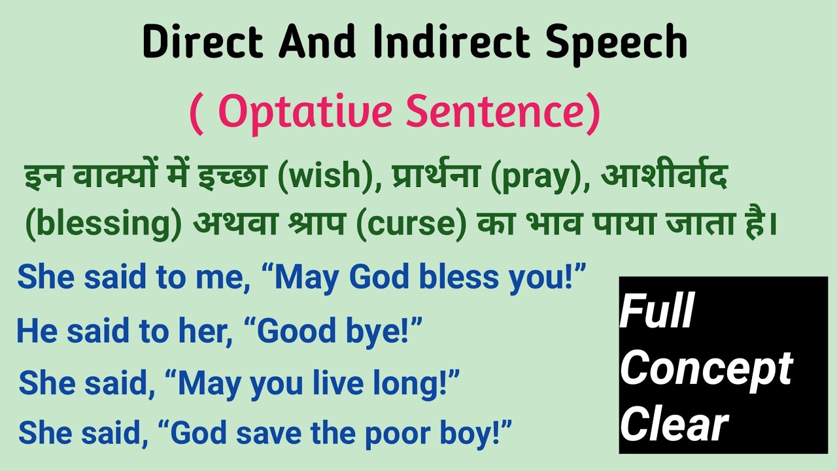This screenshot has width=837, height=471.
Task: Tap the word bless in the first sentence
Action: coord(462,277)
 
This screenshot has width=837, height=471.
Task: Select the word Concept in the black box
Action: coord(706,368)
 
